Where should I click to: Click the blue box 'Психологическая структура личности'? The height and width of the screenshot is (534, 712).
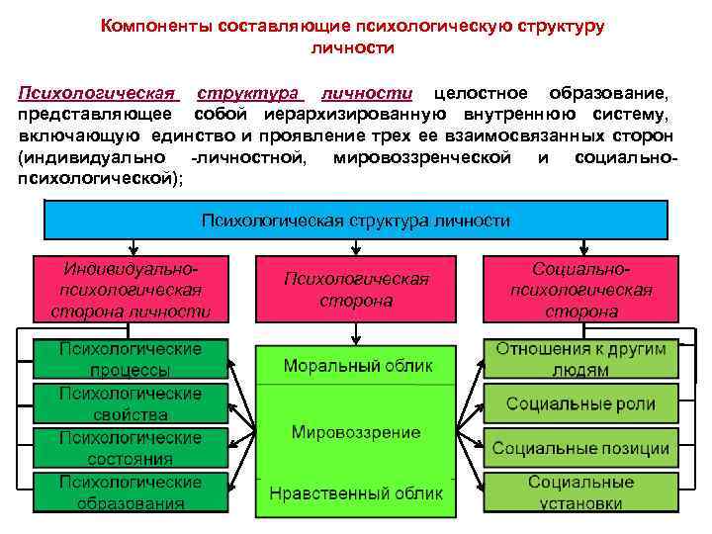pyautogui.click(x=356, y=221)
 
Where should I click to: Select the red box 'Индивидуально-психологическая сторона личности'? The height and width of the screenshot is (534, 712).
pyautogui.click(x=131, y=290)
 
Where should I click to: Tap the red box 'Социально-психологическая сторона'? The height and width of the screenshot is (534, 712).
pyautogui.click(x=580, y=290)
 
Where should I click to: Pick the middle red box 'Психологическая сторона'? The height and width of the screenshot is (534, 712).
pyautogui.click(x=356, y=290)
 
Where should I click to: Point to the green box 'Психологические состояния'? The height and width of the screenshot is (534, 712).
pyautogui.click(x=131, y=448)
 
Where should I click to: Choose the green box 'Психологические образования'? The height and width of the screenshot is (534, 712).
pyautogui.click(x=131, y=491)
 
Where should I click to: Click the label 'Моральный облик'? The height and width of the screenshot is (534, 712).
pyautogui.click(x=357, y=366)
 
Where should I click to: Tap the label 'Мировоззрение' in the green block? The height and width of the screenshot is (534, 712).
pyautogui.click(x=356, y=432)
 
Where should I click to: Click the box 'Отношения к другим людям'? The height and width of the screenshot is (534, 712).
pyautogui.click(x=580, y=359)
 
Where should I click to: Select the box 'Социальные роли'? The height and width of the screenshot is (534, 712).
pyautogui.click(x=580, y=403)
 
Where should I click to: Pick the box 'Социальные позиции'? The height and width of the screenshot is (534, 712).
pyautogui.click(x=580, y=448)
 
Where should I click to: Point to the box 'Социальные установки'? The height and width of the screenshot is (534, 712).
pyautogui.click(x=580, y=492)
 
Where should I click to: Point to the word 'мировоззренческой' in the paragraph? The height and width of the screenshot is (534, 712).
pyautogui.click(x=422, y=156)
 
